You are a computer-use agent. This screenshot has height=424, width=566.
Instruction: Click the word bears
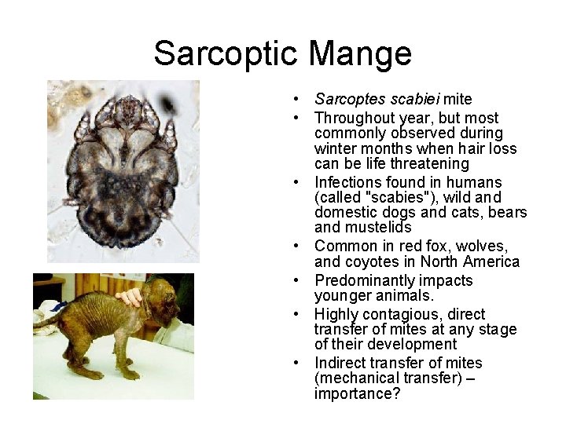(x=507, y=213)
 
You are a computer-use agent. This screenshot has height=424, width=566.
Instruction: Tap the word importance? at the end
(x=357, y=393)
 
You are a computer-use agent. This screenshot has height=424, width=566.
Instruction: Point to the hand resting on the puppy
(x=130, y=297)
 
